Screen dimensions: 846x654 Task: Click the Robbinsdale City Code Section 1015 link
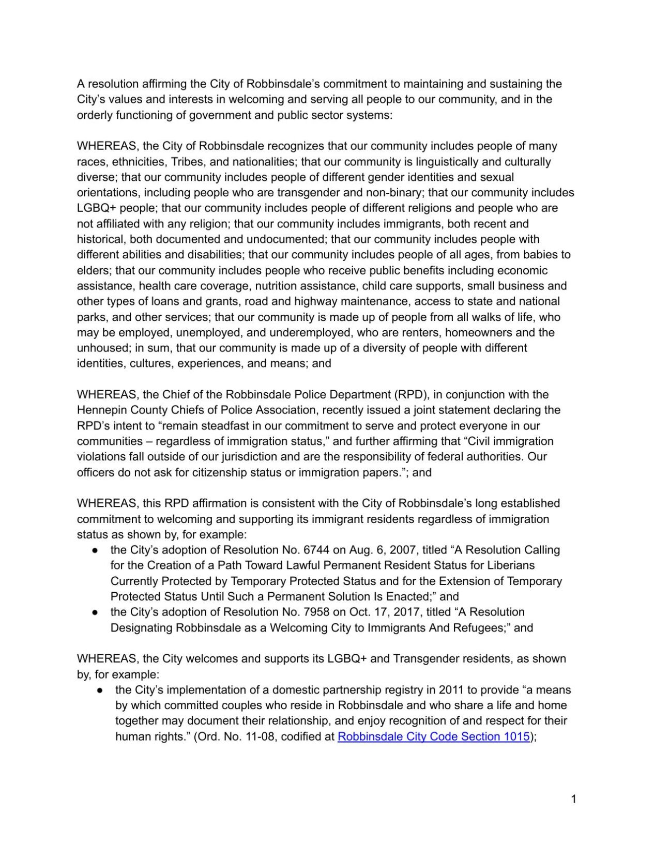coord(433,736)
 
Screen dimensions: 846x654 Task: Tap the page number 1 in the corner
coord(573,799)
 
